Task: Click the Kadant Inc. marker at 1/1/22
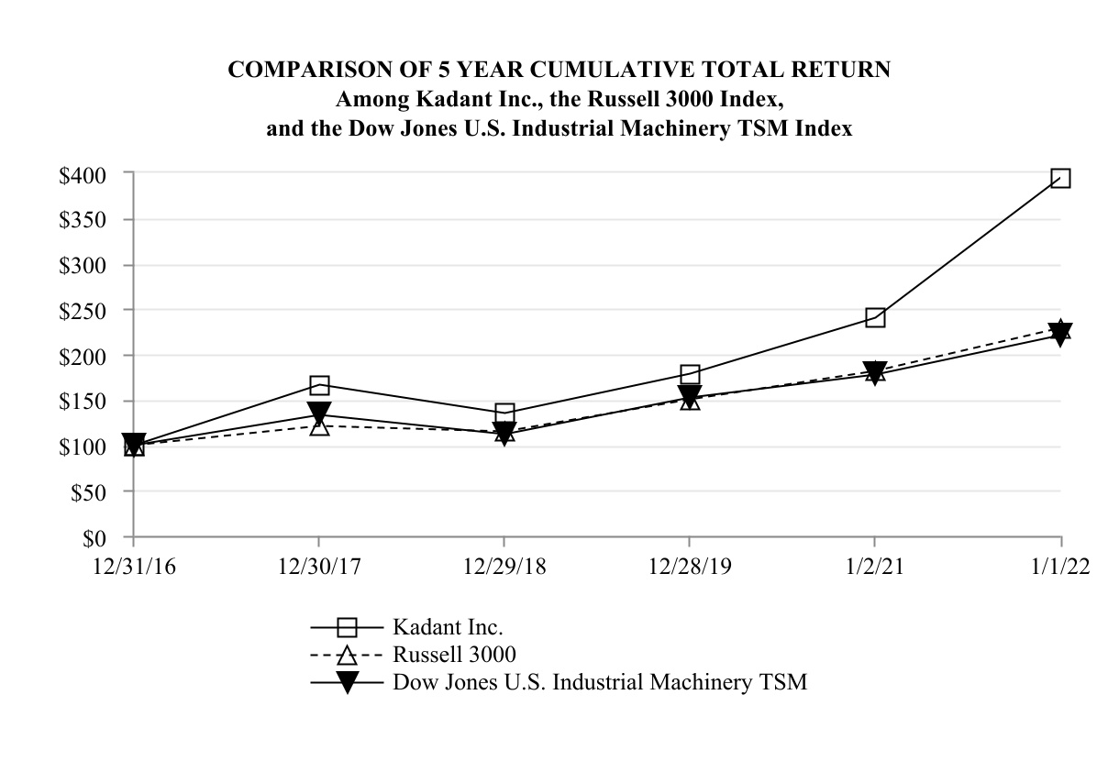pyautogui.click(x=1060, y=178)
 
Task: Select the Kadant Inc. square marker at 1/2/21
pyautogui.click(x=875, y=318)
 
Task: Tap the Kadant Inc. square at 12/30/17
pyautogui.click(x=319, y=385)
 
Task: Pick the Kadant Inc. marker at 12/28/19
pyautogui.click(x=690, y=374)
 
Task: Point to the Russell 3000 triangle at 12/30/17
pyautogui.click(x=319, y=426)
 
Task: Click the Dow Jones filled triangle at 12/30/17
pyautogui.click(x=319, y=413)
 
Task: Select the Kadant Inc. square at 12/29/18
pyautogui.click(x=504, y=413)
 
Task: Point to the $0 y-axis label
pyautogui.click(x=95, y=537)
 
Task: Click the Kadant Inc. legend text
pyautogui.click(x=448, y=628)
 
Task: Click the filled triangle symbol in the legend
pyautogui.click(x=347, y=682)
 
